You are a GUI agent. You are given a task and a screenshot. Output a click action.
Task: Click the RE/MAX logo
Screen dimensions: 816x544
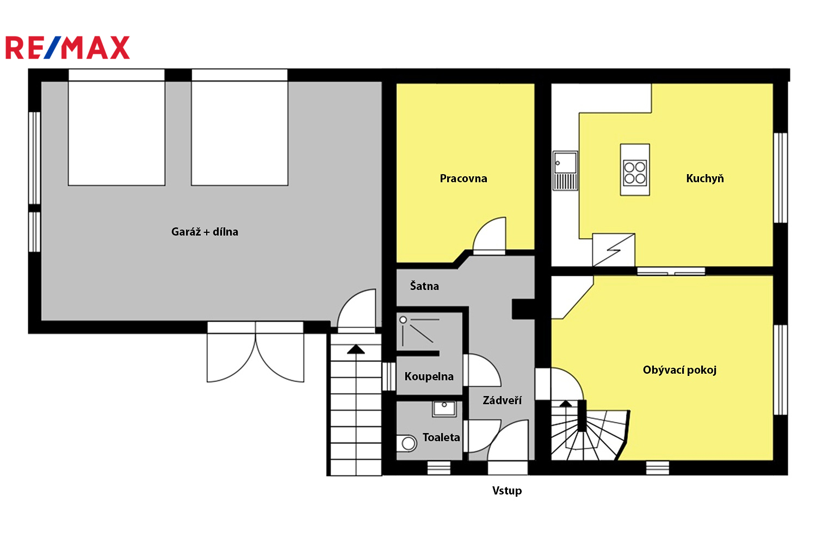pos(68,47)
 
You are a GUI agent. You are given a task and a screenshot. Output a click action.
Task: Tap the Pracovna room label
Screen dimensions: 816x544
pos(463,178)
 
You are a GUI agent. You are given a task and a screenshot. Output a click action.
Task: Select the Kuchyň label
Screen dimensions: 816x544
pos(705,178)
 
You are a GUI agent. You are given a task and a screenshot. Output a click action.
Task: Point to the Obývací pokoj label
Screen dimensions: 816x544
pos(679,370)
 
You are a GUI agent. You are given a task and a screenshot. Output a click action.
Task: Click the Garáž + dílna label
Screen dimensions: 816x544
pos(205,232)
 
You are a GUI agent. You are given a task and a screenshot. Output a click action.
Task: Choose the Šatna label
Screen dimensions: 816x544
pos(424,286)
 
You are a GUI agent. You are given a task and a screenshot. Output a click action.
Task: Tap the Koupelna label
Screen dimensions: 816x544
pos(429,376)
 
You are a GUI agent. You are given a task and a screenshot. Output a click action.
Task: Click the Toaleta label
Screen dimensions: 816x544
pos(441,437)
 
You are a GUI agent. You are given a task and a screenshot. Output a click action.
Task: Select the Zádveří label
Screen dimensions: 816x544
pos(502,400)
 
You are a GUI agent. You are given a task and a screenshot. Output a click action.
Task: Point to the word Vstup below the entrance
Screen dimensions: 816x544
pos(506,491)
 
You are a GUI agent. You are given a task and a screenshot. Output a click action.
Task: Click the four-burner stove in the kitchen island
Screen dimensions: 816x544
pos(635,172)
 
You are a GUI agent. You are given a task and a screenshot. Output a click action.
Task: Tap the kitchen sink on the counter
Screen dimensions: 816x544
pos(565,171)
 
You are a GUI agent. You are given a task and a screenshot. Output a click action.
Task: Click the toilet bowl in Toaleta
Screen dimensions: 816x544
pos(406,443)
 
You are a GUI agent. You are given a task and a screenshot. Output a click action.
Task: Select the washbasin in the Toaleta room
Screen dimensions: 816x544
pos(444,409)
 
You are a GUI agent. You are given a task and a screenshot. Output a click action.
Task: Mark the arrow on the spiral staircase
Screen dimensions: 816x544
pos(565,404)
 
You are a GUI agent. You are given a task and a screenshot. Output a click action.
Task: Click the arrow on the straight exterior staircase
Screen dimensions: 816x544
pos(356,349)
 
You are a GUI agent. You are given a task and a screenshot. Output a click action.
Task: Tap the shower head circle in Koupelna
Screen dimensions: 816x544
pos(403,320)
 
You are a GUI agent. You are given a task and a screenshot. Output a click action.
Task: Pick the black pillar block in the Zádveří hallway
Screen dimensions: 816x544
pos(523,310)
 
